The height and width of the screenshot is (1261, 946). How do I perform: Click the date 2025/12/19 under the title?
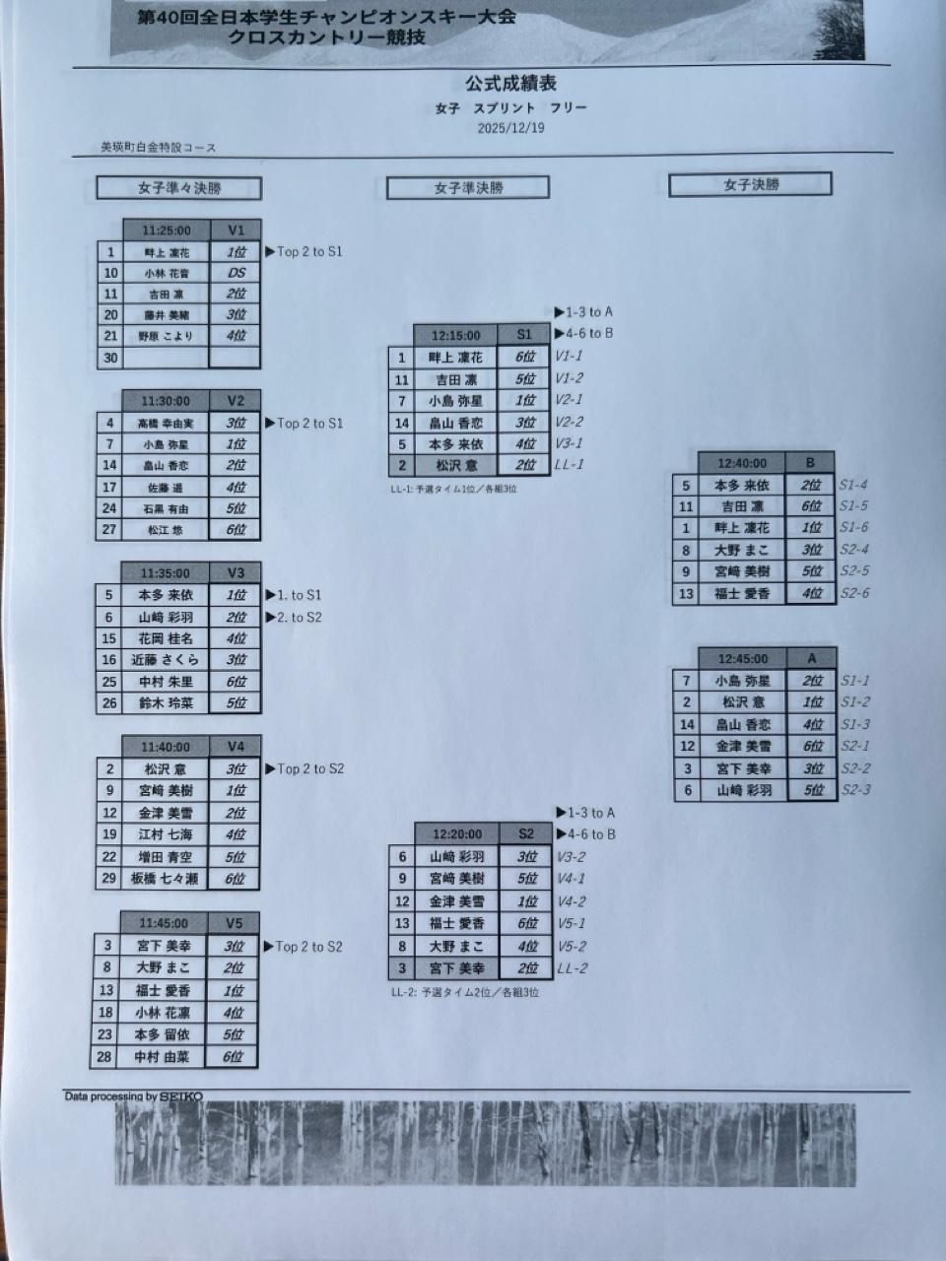click(x=510, y=127)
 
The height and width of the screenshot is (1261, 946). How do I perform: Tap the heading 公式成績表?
click(x=511, y=85)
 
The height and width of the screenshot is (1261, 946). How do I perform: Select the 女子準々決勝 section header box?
click(x=179, y=188)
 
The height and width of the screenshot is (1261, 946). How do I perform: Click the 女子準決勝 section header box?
click(x=468, y=187)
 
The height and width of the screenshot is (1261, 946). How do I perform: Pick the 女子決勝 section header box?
click(x=751, y=184)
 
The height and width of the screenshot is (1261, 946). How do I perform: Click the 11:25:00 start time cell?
click(x=166, y=231)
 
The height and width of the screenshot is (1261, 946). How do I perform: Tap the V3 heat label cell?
click(x=235, y=573)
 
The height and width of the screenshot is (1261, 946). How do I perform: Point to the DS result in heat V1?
click(x=236, y=273)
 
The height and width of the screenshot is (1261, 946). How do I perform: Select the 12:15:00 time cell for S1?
click(x=456, y=336)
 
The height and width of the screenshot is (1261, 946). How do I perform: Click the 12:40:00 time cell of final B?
click(x=742, y=463)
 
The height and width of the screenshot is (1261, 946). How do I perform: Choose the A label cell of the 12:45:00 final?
click(x=811, y=658)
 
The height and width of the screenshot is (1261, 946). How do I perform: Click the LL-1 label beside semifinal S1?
click(x=570, y=465)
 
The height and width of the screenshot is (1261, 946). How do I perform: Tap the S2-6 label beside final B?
click(x=854, y=593)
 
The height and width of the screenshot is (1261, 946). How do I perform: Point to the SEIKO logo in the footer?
click(x=181, y=1096)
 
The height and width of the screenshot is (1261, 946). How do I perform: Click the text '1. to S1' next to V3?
click(x=299, y=595)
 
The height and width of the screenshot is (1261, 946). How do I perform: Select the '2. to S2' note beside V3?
click(x=299, y=618)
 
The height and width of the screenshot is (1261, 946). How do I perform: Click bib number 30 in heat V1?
click(x=110, y=358)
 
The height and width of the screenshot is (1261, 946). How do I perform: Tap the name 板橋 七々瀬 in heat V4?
click(x=166, y=879)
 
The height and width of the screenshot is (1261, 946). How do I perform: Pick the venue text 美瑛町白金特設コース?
click(x=158, y=148)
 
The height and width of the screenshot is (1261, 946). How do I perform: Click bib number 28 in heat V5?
click(x=107, y=1057)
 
